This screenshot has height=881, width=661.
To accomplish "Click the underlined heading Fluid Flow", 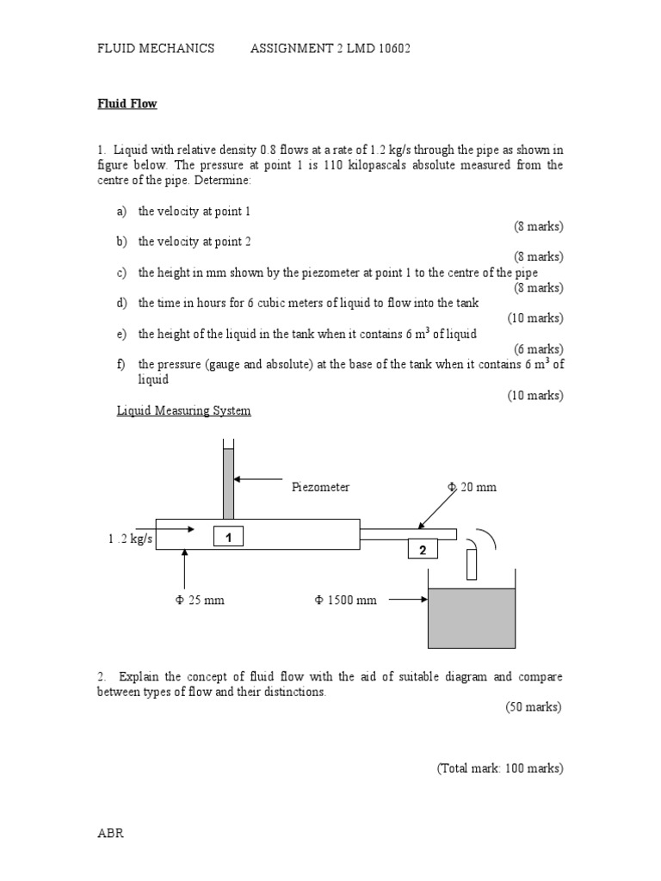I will [x=127, y=104].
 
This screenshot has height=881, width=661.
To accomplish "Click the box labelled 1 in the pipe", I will [x=229, y=537].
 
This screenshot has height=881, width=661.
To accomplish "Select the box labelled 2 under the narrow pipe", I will [x=423, y=550].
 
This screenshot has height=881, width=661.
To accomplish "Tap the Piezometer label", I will [x=320, y=487].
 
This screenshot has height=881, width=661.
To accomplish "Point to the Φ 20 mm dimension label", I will [x=472, y=487].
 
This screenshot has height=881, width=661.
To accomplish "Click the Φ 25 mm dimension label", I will [x=199, y=600].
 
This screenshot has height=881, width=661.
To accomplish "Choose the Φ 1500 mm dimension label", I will [x=345, y=600].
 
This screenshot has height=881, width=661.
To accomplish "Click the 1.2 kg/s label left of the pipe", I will [x=124, y=539].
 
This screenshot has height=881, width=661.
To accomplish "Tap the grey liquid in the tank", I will [x=471, y=617].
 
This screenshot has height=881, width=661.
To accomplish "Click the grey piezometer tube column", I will [x=228, y=482].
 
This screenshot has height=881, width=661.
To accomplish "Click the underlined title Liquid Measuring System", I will [x=184, y=410].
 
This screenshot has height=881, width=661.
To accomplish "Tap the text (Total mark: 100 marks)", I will [x=499, y=768].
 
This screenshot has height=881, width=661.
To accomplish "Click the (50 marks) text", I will [x=533, y=707].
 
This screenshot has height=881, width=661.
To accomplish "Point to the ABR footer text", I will [x=111, y=834].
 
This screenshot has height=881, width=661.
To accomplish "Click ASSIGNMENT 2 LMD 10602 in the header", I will [x=330, y=49].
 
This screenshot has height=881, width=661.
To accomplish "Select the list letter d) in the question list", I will [x=121, y=303].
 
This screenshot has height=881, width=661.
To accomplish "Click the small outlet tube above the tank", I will [x=471, y=564].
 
